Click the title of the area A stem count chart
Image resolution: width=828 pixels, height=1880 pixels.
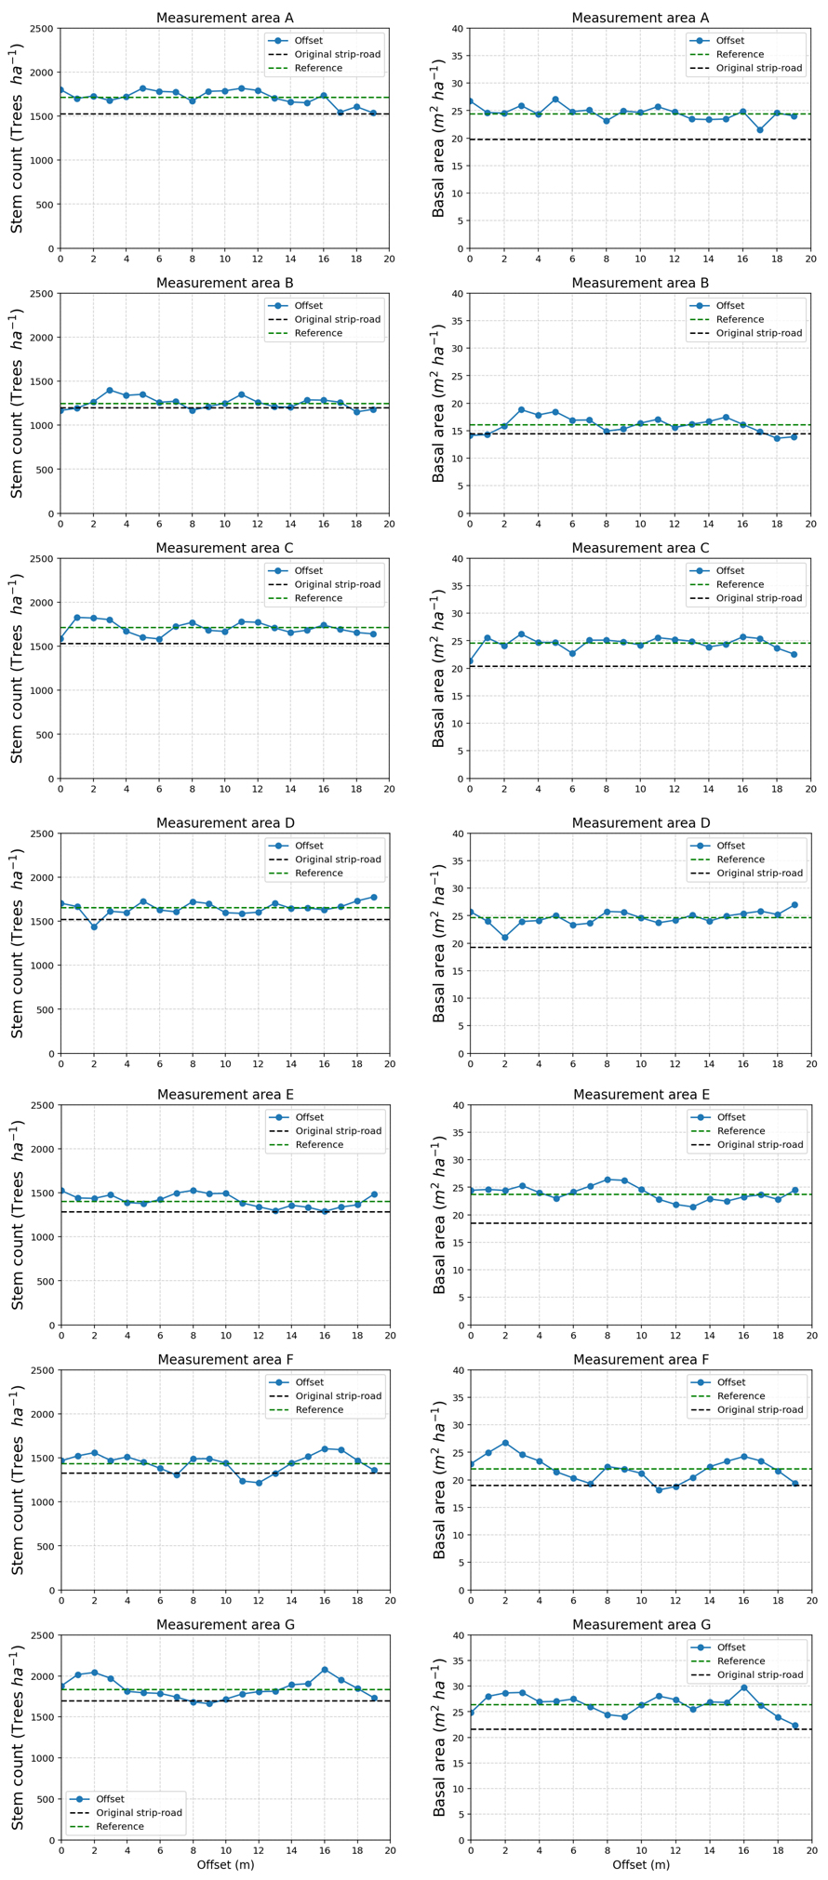224,18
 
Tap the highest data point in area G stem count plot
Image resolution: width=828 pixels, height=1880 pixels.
325,1670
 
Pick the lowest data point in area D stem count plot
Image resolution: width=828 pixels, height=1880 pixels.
94,927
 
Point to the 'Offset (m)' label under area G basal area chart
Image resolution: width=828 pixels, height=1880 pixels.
640,1864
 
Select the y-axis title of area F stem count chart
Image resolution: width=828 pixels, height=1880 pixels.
18,1480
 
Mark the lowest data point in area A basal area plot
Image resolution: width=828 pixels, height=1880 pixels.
760,130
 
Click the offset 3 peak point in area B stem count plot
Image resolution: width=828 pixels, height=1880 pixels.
110,391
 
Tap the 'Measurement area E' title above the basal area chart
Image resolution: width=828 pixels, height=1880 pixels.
641,1095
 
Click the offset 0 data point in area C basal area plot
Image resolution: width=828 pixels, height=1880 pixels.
471,661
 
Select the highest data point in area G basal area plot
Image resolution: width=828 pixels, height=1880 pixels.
743,1687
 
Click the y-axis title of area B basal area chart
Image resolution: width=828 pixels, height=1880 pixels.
439,403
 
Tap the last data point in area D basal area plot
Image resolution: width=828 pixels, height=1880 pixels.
795,905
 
